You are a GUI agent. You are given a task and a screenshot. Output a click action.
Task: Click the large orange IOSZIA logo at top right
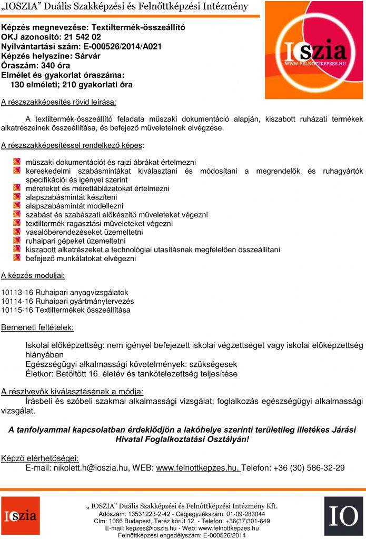314,51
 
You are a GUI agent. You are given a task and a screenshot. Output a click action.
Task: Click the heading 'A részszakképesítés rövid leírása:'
58,101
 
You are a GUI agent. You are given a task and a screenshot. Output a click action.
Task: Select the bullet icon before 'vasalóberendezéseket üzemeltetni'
17,232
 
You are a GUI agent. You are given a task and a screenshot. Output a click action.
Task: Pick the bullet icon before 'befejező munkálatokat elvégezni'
17,258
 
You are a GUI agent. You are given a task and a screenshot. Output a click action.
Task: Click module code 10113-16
18,292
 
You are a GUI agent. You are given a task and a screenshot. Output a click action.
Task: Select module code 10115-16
18,310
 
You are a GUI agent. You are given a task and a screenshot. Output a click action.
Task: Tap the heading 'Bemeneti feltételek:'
37,327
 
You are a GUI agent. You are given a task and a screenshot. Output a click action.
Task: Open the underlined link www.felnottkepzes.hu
197,467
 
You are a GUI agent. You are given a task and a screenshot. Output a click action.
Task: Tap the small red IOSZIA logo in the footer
20,516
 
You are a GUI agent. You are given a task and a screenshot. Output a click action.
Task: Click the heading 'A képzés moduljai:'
33,275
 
